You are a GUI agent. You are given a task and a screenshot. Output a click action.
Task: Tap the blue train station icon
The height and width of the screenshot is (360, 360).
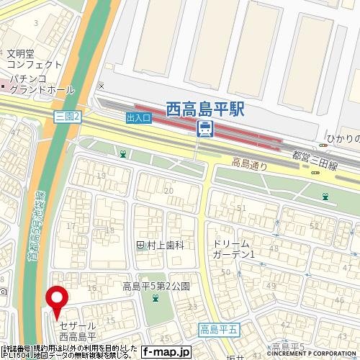(205, 129)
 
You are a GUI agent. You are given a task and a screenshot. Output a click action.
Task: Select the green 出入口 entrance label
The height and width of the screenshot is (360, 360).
(138, 117)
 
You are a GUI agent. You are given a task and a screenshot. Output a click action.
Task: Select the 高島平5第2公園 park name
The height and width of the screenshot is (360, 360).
(156, 286)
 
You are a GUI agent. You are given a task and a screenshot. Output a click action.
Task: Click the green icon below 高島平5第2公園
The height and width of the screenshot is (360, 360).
(155, 300)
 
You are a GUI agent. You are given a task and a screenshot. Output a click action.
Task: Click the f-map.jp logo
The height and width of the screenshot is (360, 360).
(165, 352)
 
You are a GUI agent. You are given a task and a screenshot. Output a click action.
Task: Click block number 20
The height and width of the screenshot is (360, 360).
(168, 190)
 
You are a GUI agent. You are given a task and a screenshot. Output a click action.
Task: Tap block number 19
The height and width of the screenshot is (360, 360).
(101, 176)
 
